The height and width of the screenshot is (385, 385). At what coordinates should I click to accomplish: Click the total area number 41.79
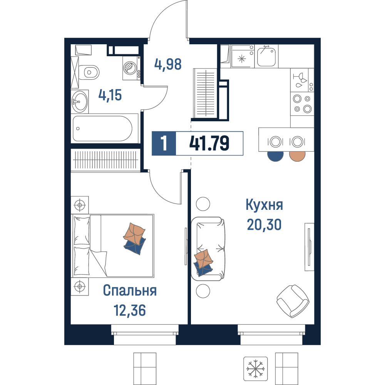pos(209,143)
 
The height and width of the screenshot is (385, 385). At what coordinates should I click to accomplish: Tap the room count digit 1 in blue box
pos(164,143)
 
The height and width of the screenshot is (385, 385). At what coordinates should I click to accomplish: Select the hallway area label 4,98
pos(168,64)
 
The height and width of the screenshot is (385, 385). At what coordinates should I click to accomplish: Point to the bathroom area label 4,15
pos(110,95)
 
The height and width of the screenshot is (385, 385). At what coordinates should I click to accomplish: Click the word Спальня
pos(130,290)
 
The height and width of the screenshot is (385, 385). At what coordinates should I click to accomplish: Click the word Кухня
pos(264,205)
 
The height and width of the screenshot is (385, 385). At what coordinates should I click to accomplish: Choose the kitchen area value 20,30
pos(264,224)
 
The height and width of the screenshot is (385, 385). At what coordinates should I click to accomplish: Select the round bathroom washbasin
pos(80,101)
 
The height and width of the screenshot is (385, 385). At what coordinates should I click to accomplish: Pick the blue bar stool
pos(276,156)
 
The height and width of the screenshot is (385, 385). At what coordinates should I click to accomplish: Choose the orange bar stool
pos(297,156)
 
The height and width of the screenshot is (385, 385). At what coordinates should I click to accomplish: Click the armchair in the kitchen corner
pos(293,301)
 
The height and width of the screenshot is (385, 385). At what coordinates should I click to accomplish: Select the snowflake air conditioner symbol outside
pos(256,368)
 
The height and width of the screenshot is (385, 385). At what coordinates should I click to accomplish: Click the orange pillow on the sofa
pos(203,259)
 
